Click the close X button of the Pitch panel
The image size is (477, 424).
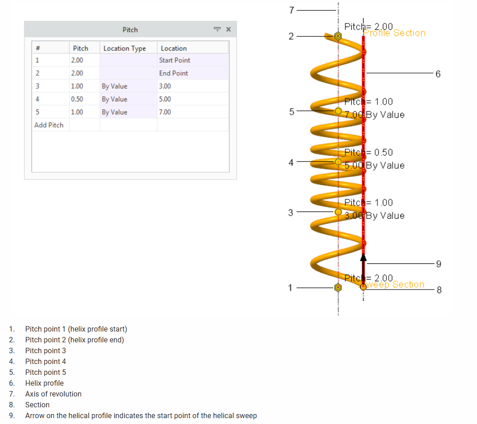pos(228,30)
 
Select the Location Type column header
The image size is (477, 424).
pos(125,48)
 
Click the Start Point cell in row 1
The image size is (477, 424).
pos(175,60)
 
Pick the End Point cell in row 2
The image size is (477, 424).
pos(173,73)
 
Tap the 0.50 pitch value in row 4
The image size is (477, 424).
pos(77,99)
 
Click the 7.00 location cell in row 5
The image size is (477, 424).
pos(165,112)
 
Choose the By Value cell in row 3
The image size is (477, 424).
pos(114,86)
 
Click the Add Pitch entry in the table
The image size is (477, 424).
pos(49,125)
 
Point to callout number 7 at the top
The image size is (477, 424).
pos(291,10)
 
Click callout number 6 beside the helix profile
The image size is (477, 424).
pos(437,74)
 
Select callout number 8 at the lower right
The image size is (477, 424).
pos(439,290)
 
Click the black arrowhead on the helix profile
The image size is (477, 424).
pos(363,257)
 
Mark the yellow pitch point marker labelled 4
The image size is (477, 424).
pos(338,161)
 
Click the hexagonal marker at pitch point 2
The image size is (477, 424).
pos(338,36)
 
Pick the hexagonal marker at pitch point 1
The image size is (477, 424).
pos(338,287)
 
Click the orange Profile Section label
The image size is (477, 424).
pos(395,33)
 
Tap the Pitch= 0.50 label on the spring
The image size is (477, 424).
pos(368,152)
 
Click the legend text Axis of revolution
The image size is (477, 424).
pos(53,394)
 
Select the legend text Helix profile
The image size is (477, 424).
pos(44,383)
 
